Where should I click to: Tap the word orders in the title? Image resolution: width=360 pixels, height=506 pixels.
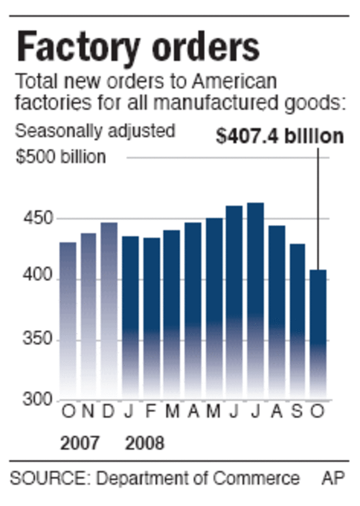pos(201,47)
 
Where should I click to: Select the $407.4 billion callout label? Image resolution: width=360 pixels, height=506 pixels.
pos(279,136)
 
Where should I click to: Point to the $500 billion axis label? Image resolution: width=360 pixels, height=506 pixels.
pos(61,157)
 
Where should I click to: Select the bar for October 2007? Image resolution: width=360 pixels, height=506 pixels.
pos(68,320)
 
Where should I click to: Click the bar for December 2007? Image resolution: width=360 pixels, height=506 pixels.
pos(109,310)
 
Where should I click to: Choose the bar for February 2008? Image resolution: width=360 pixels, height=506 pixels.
pos(152,317)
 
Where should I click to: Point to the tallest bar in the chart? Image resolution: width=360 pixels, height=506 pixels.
pos(255,301)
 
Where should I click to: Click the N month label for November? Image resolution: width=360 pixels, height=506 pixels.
pos(88,411)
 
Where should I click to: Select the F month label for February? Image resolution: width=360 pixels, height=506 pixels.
pos(151,411)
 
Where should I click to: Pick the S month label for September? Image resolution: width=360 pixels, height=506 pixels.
pos(297,411)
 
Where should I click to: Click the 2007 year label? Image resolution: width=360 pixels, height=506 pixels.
pos(80,444)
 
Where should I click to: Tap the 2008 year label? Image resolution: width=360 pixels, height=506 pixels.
pos(144,444)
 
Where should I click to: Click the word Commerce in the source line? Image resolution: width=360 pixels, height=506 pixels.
pos(256,478)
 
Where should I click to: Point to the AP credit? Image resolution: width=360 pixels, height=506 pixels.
pos(333,478)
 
